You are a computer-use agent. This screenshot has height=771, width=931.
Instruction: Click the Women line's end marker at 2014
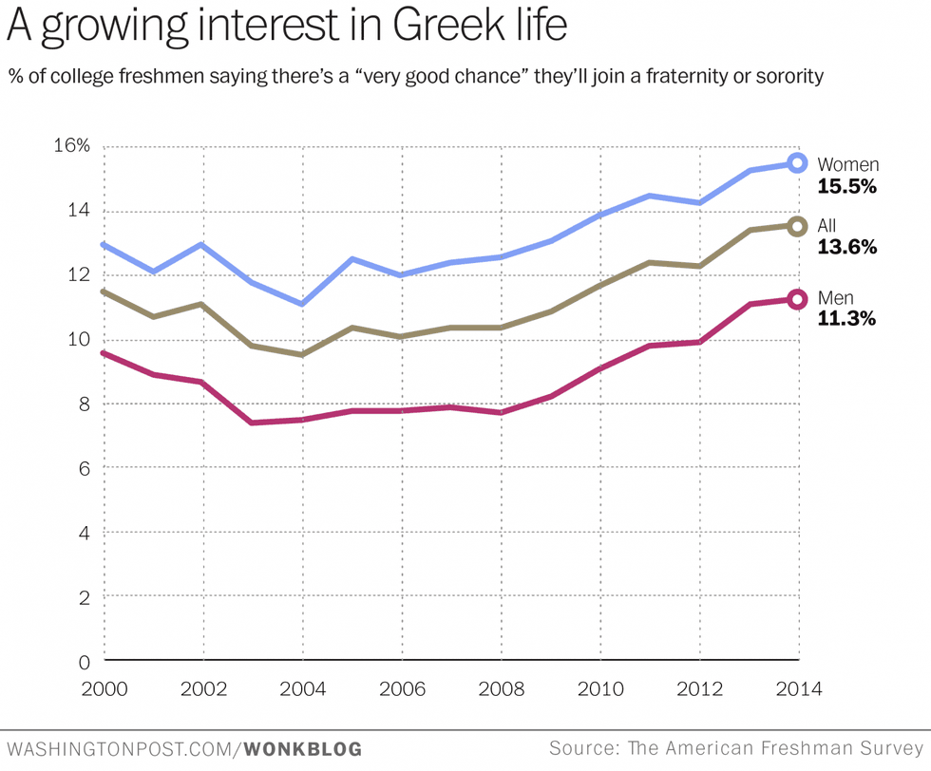[797, 163]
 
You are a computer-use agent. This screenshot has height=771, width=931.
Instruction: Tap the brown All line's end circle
[797, 226]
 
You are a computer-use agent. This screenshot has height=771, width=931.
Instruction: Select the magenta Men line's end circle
[797, 299]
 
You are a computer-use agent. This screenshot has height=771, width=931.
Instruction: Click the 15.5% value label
[846, 187]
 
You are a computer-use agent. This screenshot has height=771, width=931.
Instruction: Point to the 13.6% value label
[846, 248]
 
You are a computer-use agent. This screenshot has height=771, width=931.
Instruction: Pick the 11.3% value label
[846, 319]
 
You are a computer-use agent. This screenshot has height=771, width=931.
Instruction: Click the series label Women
[848, 165]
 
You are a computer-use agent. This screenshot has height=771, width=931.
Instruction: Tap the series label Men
[835, 298]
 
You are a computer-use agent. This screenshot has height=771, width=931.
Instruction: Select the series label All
[826, 226]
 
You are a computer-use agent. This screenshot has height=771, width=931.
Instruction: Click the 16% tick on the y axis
[71, 146]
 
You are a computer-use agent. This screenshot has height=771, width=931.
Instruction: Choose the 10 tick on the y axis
[79, 340]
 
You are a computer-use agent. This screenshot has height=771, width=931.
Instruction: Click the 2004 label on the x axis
[302, 688]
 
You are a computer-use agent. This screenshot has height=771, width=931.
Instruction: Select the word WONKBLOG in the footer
[303, 749]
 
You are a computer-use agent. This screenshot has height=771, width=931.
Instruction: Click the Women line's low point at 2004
[302, 304]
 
